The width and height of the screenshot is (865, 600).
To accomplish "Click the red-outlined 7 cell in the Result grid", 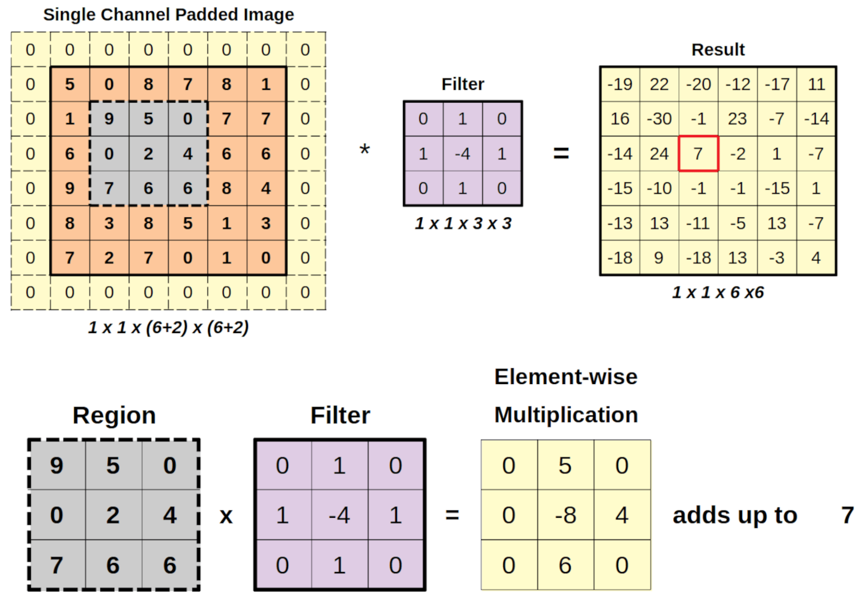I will (698, 153).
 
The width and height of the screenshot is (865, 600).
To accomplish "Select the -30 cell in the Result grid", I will (659, 119).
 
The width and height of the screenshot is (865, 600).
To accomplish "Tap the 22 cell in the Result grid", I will (659, 84).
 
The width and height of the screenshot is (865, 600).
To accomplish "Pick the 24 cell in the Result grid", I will (659, 153).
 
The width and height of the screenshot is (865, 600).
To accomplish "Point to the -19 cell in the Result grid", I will (620, 84).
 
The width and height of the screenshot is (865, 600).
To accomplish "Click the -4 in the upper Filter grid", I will (462, 153).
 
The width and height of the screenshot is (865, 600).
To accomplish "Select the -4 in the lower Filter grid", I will (339, 515).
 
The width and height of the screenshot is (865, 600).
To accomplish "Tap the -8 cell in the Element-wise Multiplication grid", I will (565, 515).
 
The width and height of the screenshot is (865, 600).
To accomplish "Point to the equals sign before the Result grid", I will (561, 153).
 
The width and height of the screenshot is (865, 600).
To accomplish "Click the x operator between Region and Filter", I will (226, 516).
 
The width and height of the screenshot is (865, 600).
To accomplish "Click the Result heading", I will (718, 50).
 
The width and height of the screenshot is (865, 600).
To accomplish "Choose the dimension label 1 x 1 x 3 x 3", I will (463, 223).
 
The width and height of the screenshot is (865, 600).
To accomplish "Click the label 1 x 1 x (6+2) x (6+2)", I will (168, 327).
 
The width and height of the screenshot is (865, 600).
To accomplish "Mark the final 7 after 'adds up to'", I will (847, 515).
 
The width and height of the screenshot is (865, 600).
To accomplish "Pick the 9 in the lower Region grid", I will (56, 466).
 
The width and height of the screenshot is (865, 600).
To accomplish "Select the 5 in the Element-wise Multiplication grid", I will (565, 466).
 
